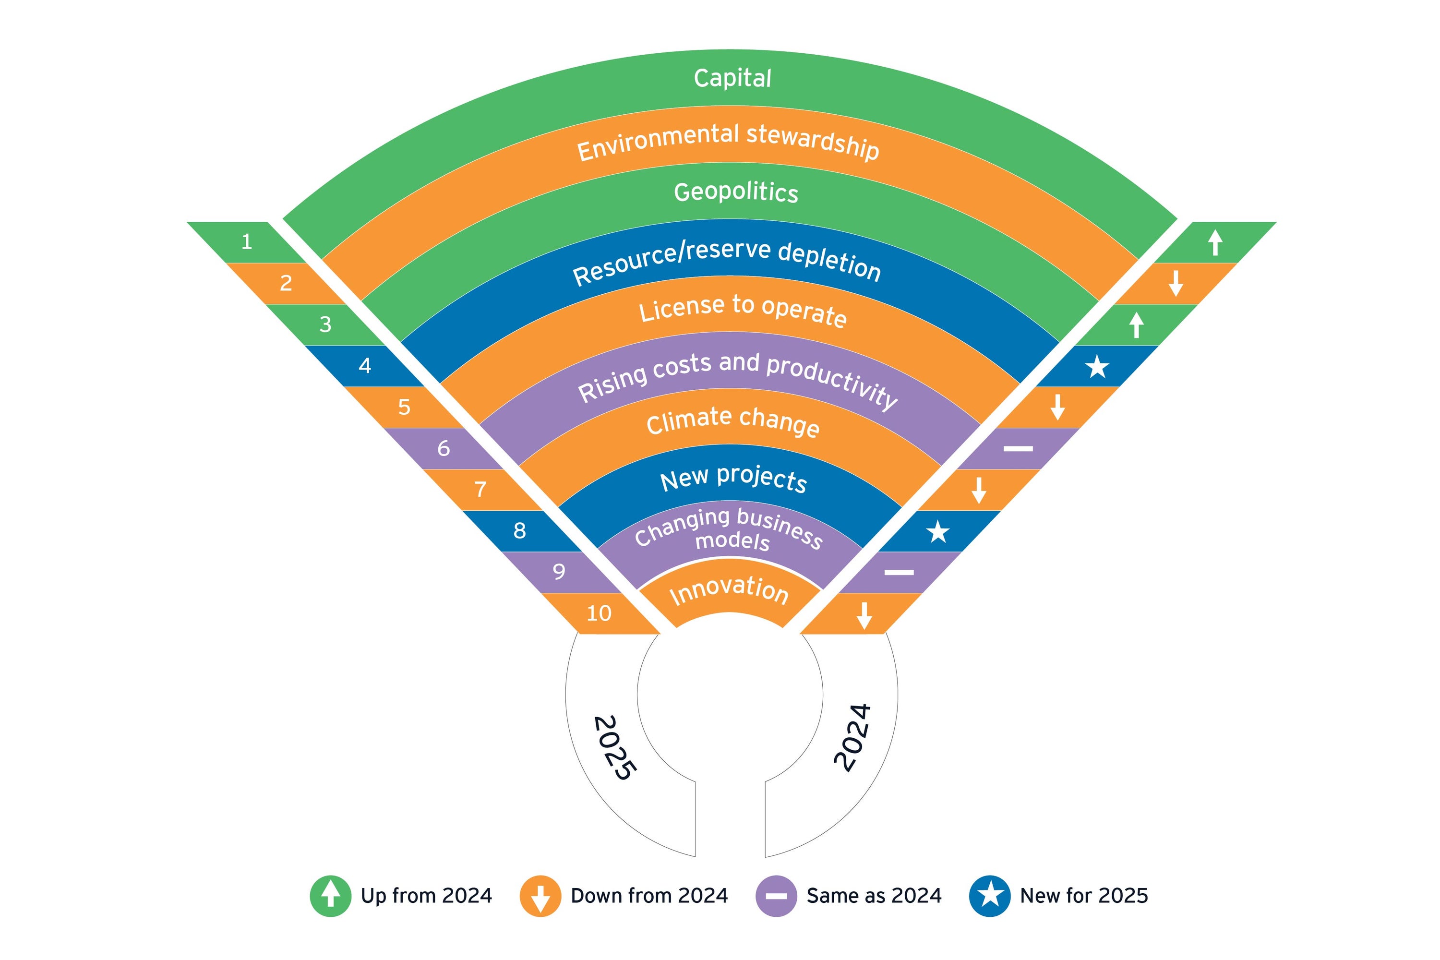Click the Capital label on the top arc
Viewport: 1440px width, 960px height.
pos(732,78)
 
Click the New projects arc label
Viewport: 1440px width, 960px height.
pos(733,478)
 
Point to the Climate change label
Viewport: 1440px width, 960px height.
pos(733,421)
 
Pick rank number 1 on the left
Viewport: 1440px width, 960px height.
pos(247,242)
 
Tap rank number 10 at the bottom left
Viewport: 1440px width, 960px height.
pos(599,613)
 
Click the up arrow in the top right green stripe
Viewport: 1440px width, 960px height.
pos(1215,242)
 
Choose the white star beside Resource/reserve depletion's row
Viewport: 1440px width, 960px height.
pos(1096,367)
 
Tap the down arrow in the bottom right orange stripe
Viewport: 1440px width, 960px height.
pos(864,615)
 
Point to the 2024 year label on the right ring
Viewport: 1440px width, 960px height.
pos(853,737)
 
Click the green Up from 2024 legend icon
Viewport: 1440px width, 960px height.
pos(331,896)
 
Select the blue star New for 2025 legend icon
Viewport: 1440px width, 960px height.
pos(990,896)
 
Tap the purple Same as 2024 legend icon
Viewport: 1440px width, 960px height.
pos(776,896)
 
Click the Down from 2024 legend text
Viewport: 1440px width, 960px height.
pos(649,896)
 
